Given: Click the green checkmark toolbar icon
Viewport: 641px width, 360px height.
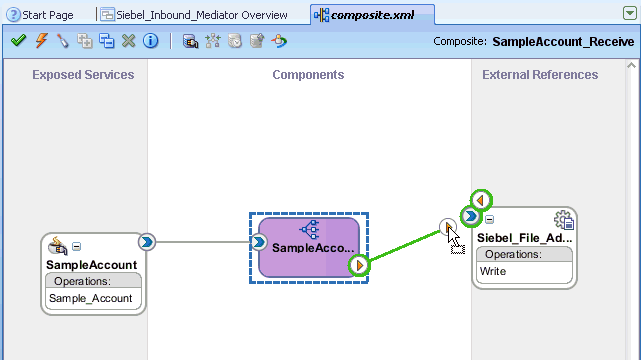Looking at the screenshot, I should [x=19, y=41].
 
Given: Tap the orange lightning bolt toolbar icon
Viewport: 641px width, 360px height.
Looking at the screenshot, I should [x=41, y=41].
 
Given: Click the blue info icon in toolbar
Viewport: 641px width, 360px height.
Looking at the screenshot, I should [x=150, y=41].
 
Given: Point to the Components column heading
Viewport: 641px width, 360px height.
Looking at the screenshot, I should [x=308, y=75].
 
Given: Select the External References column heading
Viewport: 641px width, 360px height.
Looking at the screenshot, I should [x=540, y=75].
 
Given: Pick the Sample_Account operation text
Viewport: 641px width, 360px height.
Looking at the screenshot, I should [x=91, y=298].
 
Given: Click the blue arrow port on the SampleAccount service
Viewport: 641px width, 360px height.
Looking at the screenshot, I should [x=147, y=241].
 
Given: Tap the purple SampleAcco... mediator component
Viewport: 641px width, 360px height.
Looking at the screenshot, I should [x=309, y=246].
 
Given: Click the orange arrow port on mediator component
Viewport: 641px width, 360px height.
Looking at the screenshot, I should [x=359, y=265].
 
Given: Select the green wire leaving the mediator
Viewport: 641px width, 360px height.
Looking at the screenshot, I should [x=400, y=247].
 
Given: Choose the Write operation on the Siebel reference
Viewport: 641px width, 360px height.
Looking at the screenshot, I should [x=494, y=271].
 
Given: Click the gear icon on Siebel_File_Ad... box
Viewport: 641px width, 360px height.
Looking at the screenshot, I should [x=564, y=221].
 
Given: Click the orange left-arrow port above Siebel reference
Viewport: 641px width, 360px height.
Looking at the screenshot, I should [x=481, y=200].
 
